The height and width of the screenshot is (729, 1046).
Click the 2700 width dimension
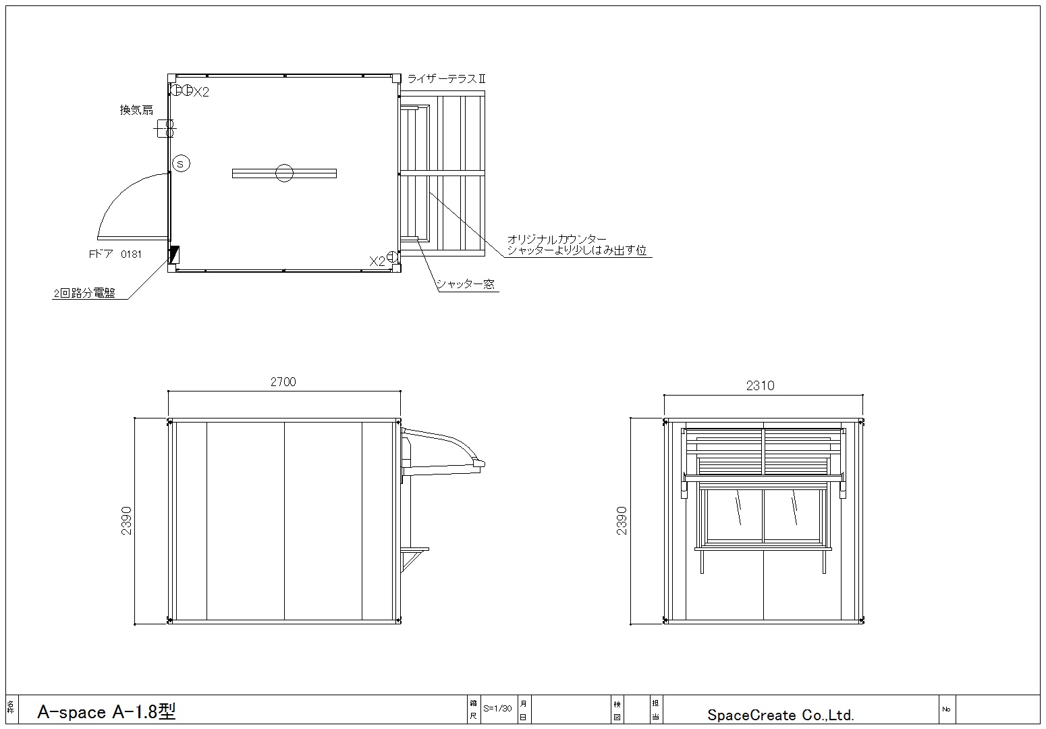click(283, 382)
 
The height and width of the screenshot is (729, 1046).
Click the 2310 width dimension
click(761, 385)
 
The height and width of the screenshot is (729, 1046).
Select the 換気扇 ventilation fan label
click(136, 110)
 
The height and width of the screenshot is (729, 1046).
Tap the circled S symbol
click(181, 164)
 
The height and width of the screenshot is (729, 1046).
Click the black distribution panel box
click(173, 255)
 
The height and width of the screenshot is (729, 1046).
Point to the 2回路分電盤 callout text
click(84, 293)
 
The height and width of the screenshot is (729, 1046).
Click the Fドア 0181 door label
click(115, 254)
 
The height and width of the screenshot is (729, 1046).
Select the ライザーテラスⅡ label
click(447, 79)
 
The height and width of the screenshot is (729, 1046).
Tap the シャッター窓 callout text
click(466, 284)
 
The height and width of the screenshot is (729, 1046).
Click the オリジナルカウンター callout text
click(557, 240)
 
